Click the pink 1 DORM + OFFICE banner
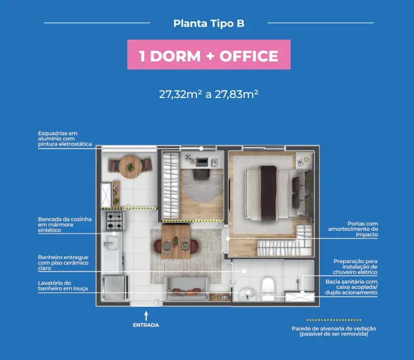209,55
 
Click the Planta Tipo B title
209,23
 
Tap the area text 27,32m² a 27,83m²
209,94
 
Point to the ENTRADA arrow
146,316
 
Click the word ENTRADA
146,325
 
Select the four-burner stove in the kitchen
114,221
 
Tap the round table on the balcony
130,167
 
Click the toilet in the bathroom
268,288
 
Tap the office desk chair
201,175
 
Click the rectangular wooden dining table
176,241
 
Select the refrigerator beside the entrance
114,287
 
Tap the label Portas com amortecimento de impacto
353,229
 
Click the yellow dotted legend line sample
334,320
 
